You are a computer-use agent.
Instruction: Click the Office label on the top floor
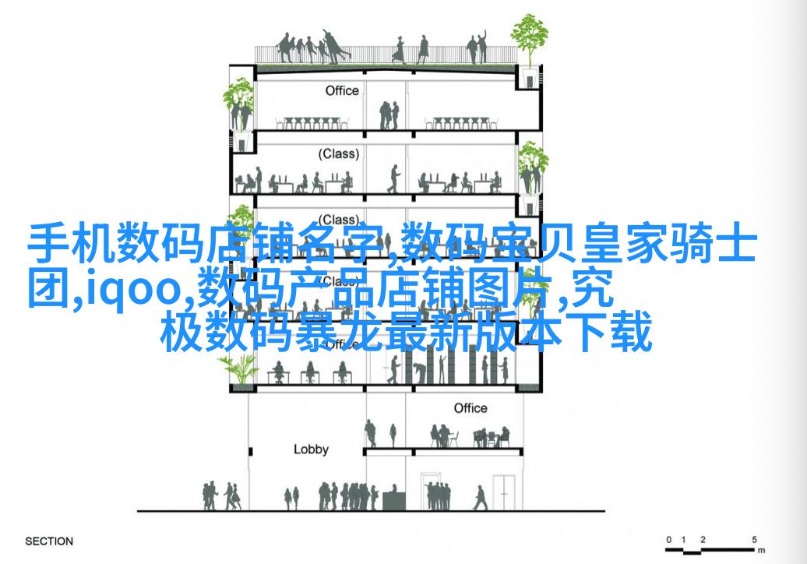point(342,90)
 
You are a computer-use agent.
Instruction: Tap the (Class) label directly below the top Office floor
point(338,154)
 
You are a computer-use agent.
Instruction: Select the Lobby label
point(311,449)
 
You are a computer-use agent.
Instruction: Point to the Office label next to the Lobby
point(470,408)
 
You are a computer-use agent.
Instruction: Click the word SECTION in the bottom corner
point(49,541)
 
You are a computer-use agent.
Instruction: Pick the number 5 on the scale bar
point(754,539)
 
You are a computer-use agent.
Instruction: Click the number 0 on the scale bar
point(668,539)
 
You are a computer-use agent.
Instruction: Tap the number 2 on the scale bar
point(703,539)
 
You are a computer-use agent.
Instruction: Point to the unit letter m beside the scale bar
point(762,550)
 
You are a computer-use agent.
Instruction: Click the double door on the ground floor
point(504,492)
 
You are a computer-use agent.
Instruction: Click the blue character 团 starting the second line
point(48,287)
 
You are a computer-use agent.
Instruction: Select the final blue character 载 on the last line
point(631,333)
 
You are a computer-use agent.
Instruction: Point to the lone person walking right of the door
point(480,497)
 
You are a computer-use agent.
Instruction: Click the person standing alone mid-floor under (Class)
point(393,178)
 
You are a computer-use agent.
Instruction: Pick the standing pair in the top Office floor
point(389,115)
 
